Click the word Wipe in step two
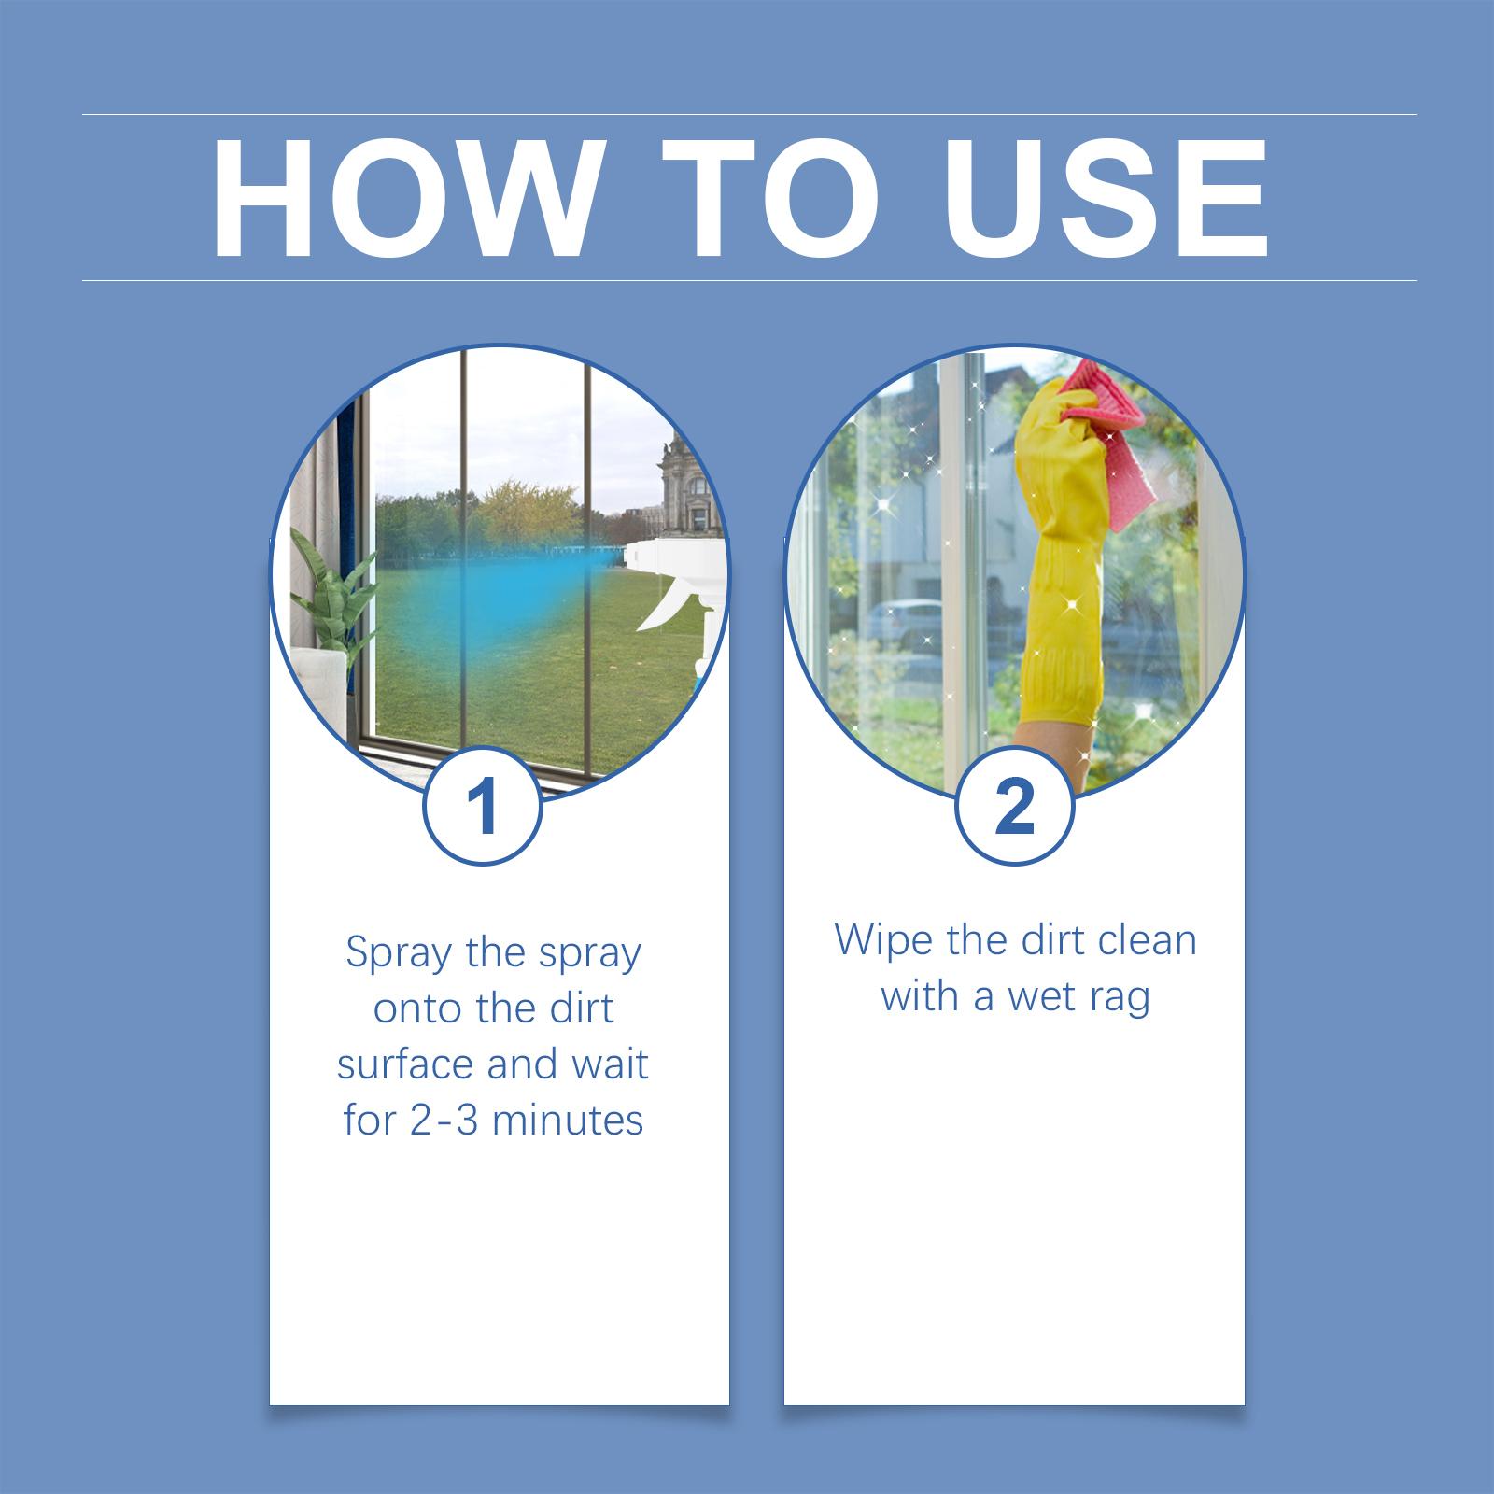coord(882,939)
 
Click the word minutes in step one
coord(568,1120)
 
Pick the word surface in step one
coord(402,1064)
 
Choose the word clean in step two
coord(1147,939)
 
